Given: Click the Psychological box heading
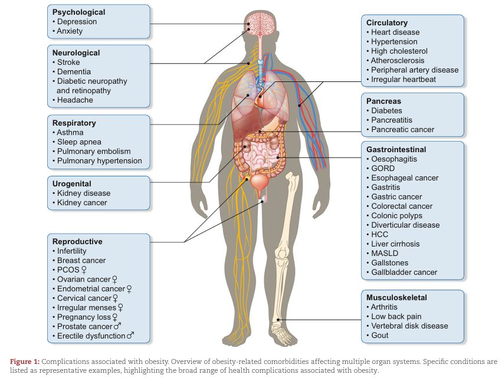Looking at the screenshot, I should coord(78,12).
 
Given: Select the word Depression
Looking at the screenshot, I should coord(77,22).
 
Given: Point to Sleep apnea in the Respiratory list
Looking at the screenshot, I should coord(79,142).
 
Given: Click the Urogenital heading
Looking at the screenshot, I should coord(72,183).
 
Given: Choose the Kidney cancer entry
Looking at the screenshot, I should coord(83,202).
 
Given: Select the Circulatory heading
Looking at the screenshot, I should coord(387,22).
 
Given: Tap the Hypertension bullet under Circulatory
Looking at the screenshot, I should coord(394,41).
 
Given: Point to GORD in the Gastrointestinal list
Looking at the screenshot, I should coord(383,168).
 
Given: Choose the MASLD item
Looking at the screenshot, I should coord(385,253).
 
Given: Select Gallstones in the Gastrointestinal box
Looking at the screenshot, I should coord(389,262).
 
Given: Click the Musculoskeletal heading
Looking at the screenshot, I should coord(396,297).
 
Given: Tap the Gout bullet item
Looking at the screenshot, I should coord(379,335).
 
